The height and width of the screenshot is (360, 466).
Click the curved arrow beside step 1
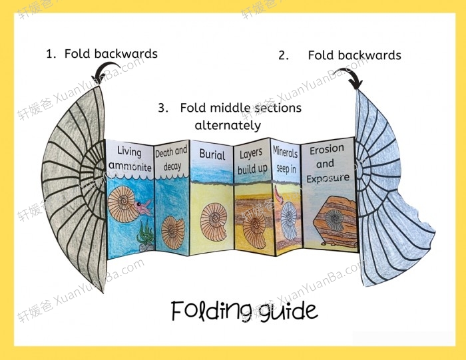(103, 69)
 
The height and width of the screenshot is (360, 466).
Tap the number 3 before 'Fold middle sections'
(162, 108)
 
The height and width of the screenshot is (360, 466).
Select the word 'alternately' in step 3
(228, 125)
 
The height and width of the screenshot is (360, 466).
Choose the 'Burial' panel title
(212, 154)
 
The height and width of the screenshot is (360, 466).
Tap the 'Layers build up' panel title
(252, 162)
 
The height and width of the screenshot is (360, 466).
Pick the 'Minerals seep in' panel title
(284, 160)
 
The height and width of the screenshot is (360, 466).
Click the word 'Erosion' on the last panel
(326, 151)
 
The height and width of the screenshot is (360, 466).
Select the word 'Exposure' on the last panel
(328, 178)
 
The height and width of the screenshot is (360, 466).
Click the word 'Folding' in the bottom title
(207, 311)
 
